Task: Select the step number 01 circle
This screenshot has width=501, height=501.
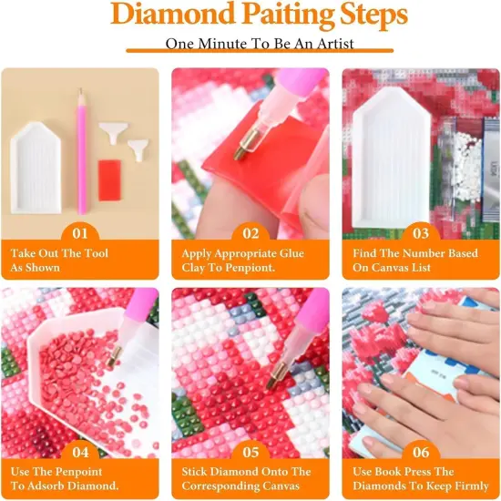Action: (x=79, y=234)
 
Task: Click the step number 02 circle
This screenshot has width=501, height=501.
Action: (x=250, y=234)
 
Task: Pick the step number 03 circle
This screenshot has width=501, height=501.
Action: (x=421, y=234)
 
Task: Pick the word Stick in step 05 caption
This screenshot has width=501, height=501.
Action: (x=199, y=472)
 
